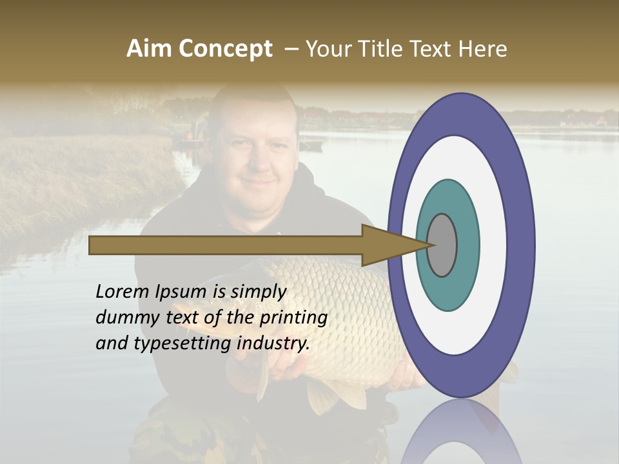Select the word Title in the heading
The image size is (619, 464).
tap(393, 49)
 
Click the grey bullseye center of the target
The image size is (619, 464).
tap(442, 245)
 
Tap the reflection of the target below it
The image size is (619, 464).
tap(461, 432)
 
